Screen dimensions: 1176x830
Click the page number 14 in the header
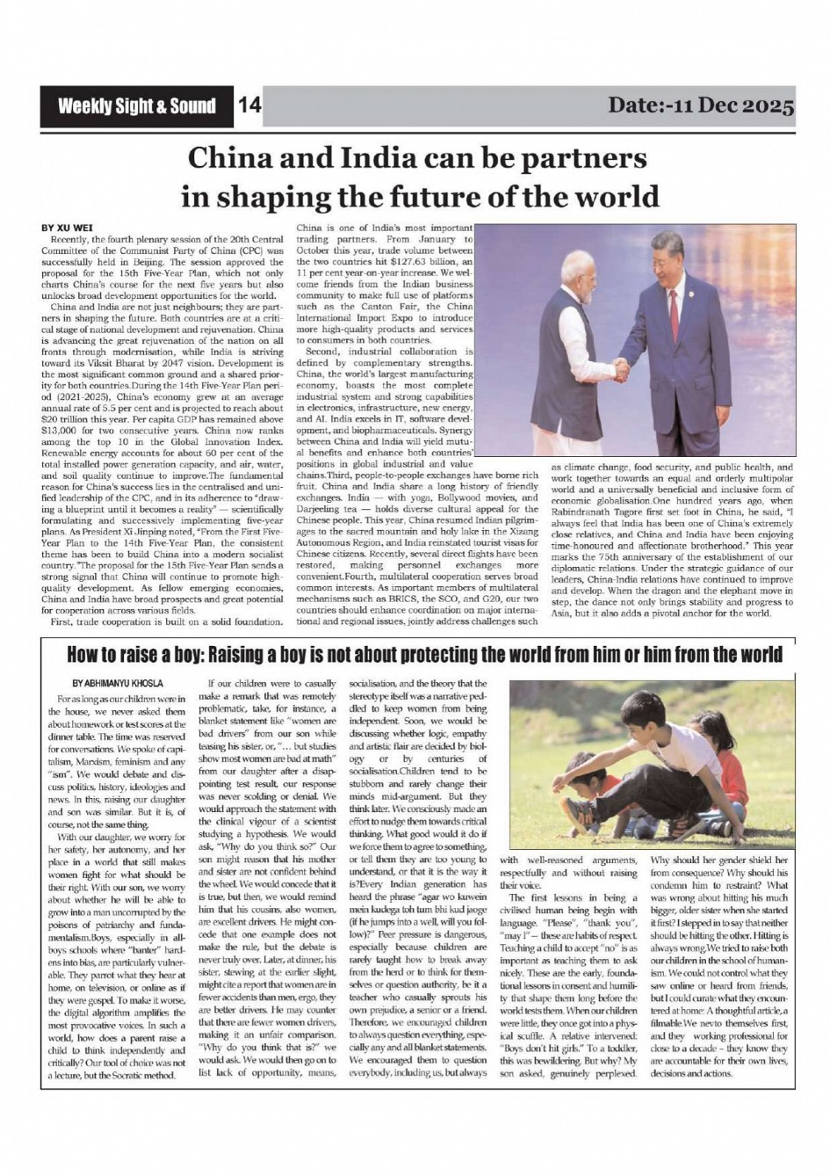[x=250, y=106]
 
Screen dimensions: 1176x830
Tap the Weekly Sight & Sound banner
[x=136, y=106]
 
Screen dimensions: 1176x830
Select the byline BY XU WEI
[x=68, y=228]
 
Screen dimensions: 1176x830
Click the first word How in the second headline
[x=83, y=656]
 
